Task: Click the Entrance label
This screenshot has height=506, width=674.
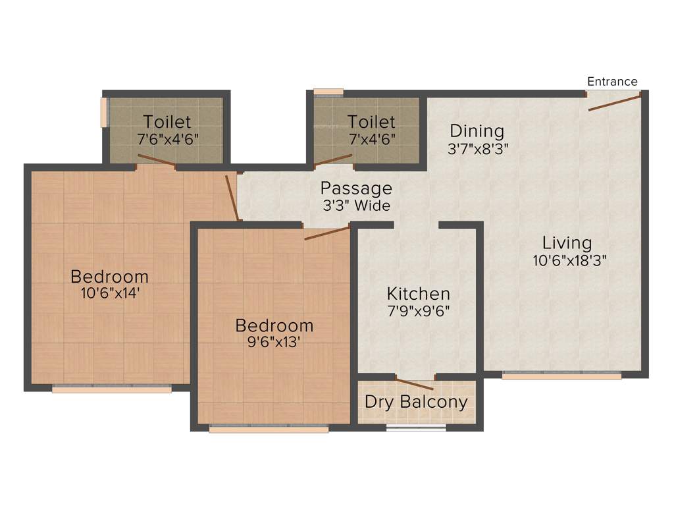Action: [612, 82]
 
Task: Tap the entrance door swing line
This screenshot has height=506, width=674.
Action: [614, 102]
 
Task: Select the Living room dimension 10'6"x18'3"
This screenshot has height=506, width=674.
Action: [569, 260]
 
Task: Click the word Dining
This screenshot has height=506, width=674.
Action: [477, 131]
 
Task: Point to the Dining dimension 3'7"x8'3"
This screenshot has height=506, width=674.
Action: [479, 149]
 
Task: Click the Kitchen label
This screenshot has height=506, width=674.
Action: [419, 293]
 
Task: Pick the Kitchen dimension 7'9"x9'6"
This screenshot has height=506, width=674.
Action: [419, 311]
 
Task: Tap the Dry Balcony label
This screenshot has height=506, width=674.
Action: [416, 402]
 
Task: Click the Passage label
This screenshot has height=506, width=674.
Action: [356, 188]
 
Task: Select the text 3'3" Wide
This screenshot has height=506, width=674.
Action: [356, 206]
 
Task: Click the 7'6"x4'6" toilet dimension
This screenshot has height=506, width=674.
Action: [167, 139]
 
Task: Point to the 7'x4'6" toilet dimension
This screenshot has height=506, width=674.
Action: [371, 139]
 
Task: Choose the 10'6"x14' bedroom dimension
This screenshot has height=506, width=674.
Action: [110, 294]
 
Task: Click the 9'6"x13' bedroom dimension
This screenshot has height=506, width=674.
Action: [274, 343]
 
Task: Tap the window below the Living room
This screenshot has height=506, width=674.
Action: [561, 376]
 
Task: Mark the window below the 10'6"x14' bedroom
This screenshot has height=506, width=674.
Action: [111, 389]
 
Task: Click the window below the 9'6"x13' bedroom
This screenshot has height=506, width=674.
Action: [269, 429]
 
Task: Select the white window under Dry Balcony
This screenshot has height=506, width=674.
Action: [416, 428]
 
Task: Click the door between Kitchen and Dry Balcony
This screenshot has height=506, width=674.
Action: [415, 384]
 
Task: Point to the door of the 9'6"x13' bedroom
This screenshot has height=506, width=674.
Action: [327, 233]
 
